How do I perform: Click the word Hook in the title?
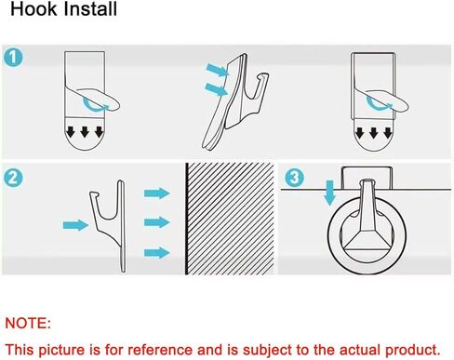(33, 9)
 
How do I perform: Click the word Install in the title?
(90, 9)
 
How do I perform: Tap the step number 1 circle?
(13, 58)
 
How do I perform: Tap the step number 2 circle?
(13, 179)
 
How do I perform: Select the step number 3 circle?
(294, 178)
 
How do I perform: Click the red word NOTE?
(28, 324)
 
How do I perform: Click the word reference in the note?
(161, 350)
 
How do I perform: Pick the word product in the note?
(413, 350)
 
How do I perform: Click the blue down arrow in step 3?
(330, 193)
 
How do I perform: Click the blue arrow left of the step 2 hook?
(75, 225)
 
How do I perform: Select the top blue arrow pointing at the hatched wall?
(157, 193)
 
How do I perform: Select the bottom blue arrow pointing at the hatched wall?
(157, 253)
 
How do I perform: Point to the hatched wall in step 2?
(231, 219)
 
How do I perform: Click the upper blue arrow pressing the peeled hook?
(218, 70)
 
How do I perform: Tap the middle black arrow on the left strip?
(85, 132)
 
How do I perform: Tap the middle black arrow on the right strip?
(374, 133)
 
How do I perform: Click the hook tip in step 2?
(94, 194)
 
